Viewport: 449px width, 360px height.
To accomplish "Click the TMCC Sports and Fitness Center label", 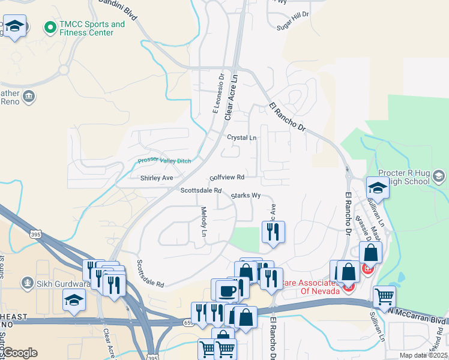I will tap(92, 28).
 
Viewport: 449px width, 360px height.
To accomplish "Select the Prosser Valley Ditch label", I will tap(164, 161).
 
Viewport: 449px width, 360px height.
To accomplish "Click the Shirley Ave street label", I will tap(157, 178).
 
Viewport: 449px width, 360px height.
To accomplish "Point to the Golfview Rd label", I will tap(227, 178).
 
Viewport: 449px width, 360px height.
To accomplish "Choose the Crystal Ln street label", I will tap(241, 137).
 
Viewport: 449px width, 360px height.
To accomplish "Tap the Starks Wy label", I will tap(246, 196).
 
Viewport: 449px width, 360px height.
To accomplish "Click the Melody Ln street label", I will tap(204, 221).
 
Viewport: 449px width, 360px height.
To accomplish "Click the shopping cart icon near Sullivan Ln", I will tap(384, 296).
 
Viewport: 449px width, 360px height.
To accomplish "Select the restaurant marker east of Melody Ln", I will tap(273, 231).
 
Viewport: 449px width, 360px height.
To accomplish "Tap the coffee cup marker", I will tap(227, 291).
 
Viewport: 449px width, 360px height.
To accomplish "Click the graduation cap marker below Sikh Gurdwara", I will tap(74, 299).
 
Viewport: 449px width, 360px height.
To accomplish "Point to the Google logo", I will tap(19, 353).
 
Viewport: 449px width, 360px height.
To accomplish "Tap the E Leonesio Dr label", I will tap(217, 93).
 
